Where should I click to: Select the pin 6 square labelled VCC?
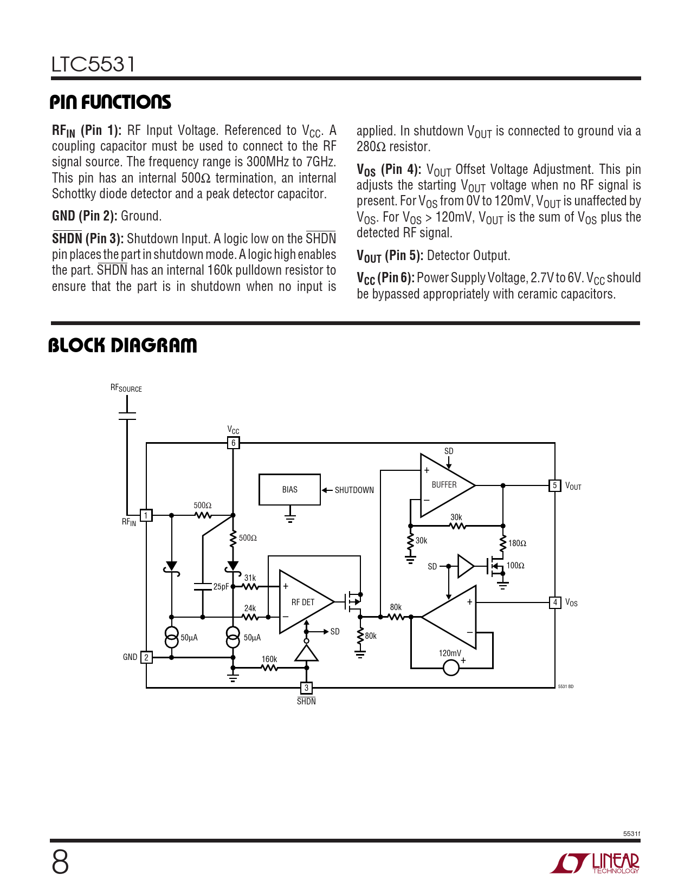pos(234,443)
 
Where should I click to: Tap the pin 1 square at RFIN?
pos(146,515)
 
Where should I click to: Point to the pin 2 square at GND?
pos(146,657)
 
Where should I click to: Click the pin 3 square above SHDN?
pos(306,688)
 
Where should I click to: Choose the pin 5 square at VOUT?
pos(555,485)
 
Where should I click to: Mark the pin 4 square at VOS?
pos(555,603)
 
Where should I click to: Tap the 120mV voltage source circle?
pos(451,668)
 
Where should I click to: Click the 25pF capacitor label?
pos(221,587)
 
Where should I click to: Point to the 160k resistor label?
pos(269,659)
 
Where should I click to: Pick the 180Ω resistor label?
pos(517,543)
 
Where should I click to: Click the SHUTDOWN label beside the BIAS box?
pos(354,490)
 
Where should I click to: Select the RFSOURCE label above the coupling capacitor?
pos(126,388)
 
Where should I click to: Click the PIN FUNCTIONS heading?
pos(111,102)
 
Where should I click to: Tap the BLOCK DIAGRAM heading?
pos(122,345)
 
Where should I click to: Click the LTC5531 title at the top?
pos(93,64)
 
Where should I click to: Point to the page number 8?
pos(60,863)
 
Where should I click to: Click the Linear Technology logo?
pos(595,863)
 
